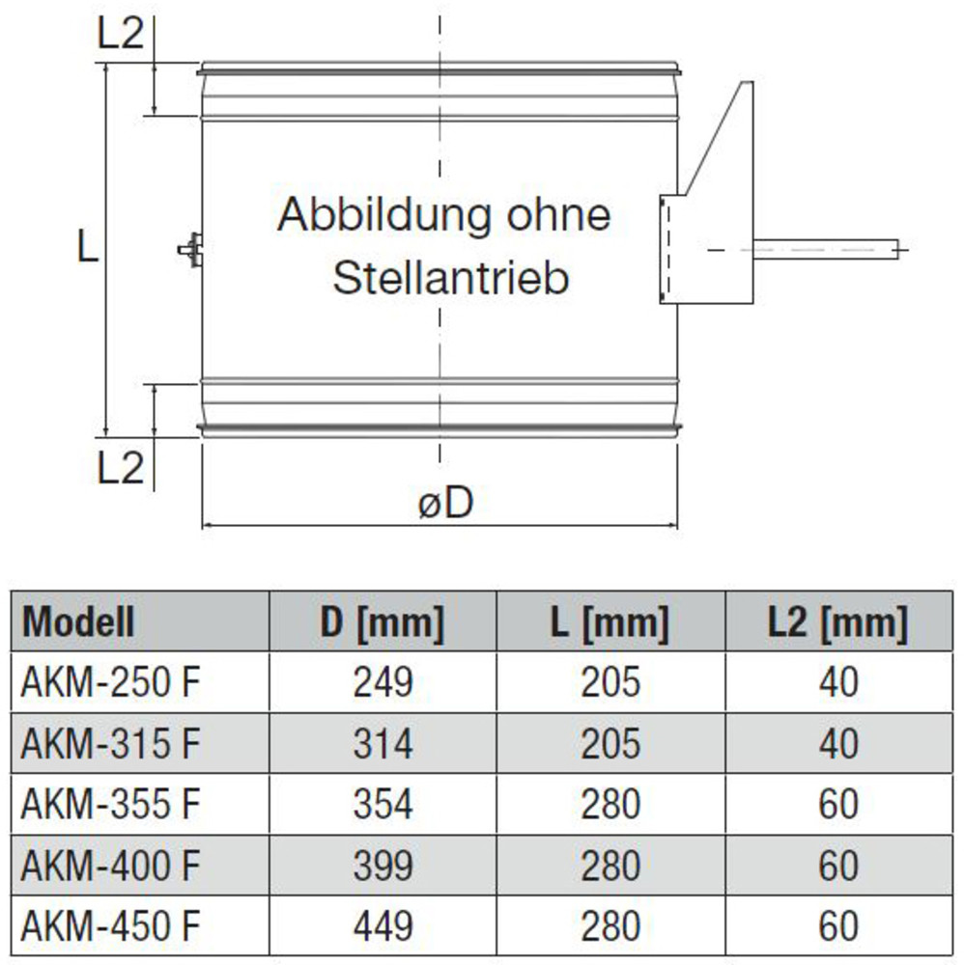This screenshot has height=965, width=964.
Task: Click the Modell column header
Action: pyautogui.click(x=78, y=621)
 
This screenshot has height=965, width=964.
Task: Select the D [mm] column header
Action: pyautogui.click(x=382, y=622)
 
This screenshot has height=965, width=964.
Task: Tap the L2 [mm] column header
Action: pyautogui.click(x=837, y=622)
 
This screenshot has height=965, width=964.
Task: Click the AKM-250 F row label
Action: pyautogui.click(x=111, y=682)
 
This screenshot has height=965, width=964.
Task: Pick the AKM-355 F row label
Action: pyautogui.click(x=111, y=805)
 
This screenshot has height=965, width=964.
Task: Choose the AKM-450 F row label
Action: pyautogui.click(x=111, y=926)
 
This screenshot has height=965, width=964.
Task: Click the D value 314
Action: pyautogui.click(x=383, y=743)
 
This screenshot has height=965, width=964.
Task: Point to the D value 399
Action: pyautogui.click(x=383, y=866)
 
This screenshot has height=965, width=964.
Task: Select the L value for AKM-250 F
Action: pyautogui.click(x=610, y=682)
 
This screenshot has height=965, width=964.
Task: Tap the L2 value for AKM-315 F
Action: pyautogui.click(x=838, y=743)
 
